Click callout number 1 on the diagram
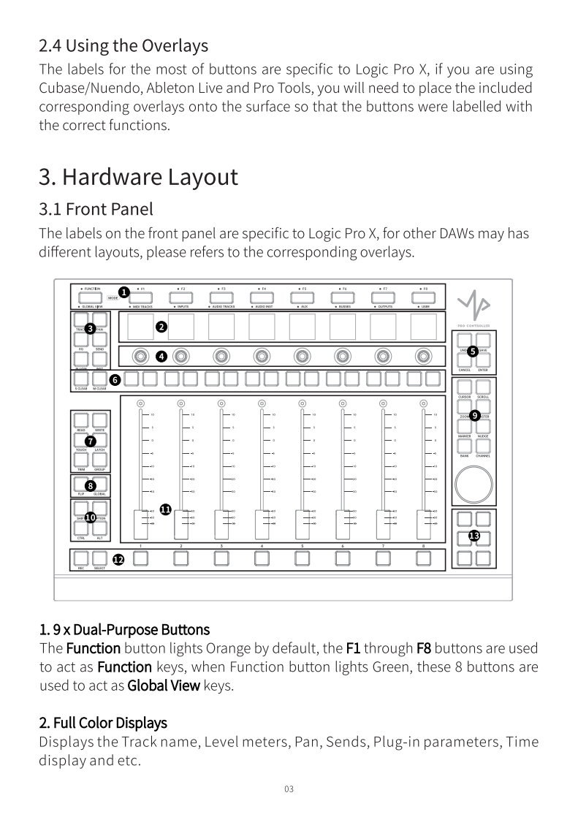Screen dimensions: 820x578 (124, 292)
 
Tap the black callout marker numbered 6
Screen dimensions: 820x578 (114, 379)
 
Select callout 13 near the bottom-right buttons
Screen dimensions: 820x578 (474, 536)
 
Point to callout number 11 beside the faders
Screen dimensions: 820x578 (165, 509)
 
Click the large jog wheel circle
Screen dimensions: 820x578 (472, 483)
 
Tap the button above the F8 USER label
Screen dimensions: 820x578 (424, 298)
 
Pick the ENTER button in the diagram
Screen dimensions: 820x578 (483, 360)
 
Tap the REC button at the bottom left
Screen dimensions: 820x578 (82, 558)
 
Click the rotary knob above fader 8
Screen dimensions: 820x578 (423, 356)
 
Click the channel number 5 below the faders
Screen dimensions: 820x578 (302, 545)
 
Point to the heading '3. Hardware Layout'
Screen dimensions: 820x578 (138, 177)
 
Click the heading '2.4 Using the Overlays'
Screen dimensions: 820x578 (123, 45)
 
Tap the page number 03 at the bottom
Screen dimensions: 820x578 (289, 789)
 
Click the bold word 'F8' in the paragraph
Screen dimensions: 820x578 (425, 648)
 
